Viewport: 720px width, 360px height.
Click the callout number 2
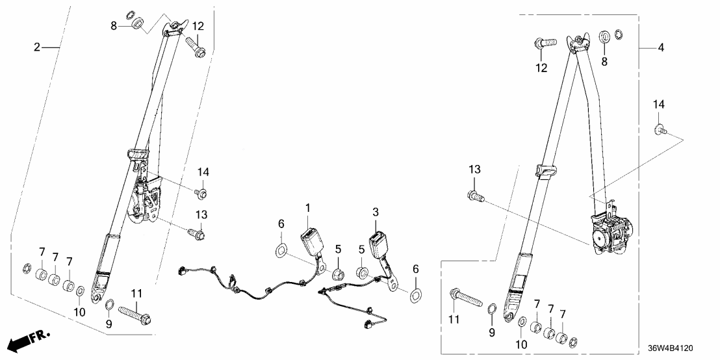pos(38,47)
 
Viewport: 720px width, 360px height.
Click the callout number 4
pos(661,47)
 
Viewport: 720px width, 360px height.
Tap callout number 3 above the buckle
pos(375,212)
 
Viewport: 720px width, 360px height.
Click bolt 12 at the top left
pos(196,46)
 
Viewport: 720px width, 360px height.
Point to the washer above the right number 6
pos(415,296)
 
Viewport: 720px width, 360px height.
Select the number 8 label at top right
pos(604,62)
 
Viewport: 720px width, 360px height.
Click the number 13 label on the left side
pos(203,215)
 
